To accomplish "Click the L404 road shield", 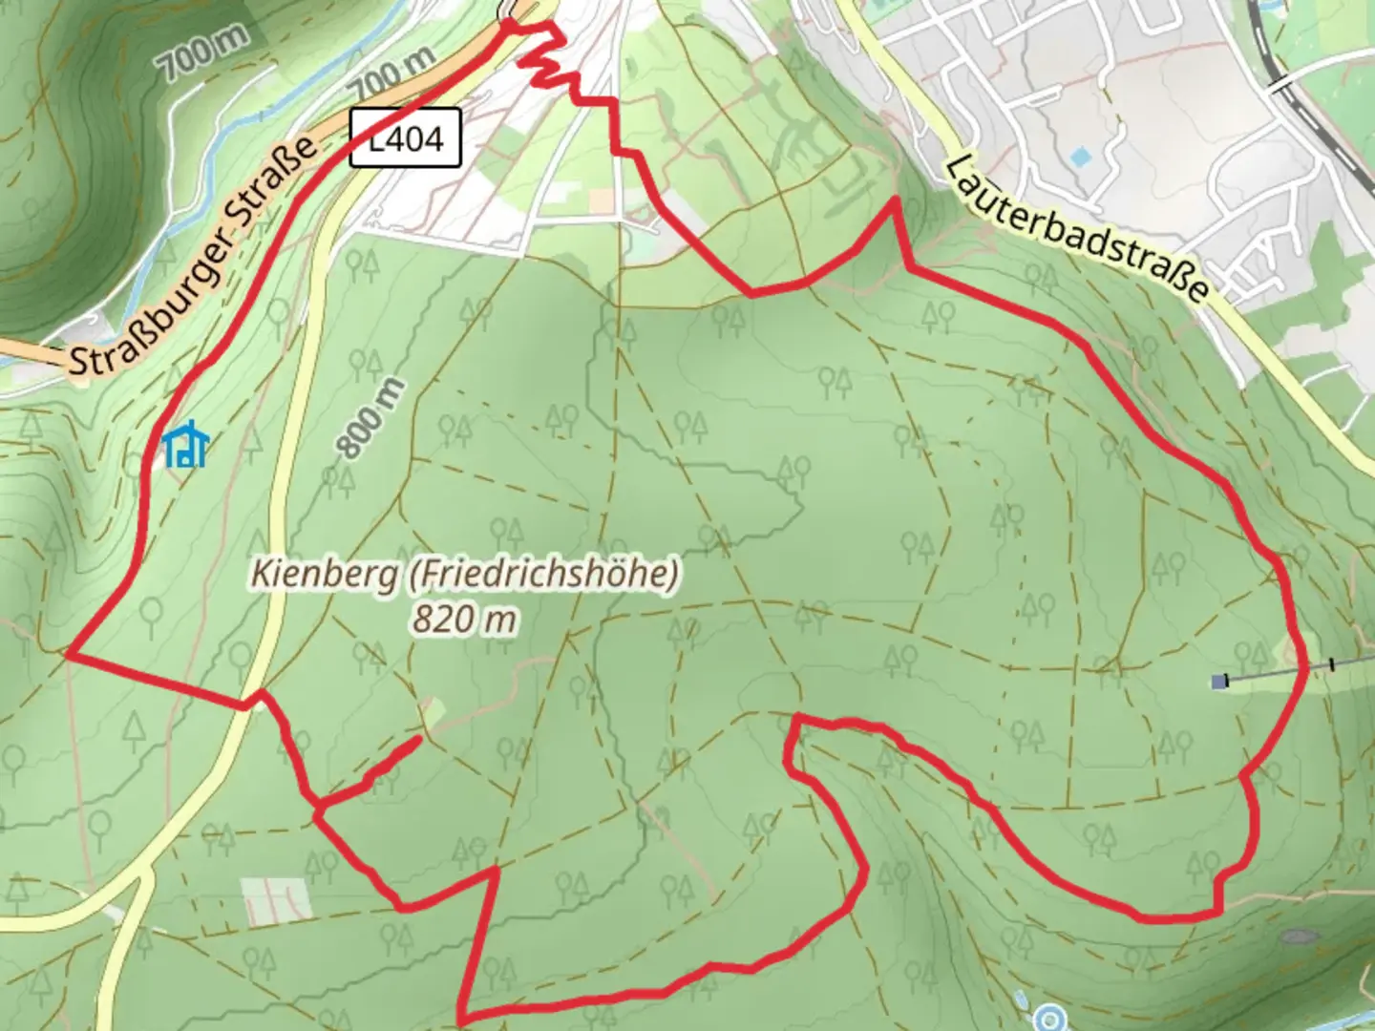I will [x=405, y=138].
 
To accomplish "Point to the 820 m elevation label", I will [x=465, y=620].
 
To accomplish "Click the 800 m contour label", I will [x=370, y=420].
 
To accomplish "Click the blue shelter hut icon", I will [x=185, y=445].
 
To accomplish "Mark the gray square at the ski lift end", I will [x=1218, y=682].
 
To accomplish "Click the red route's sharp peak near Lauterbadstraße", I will [x=895, y=200].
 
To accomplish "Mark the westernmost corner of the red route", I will [x=68, y=654].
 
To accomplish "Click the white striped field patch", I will [x=276, y=898].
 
